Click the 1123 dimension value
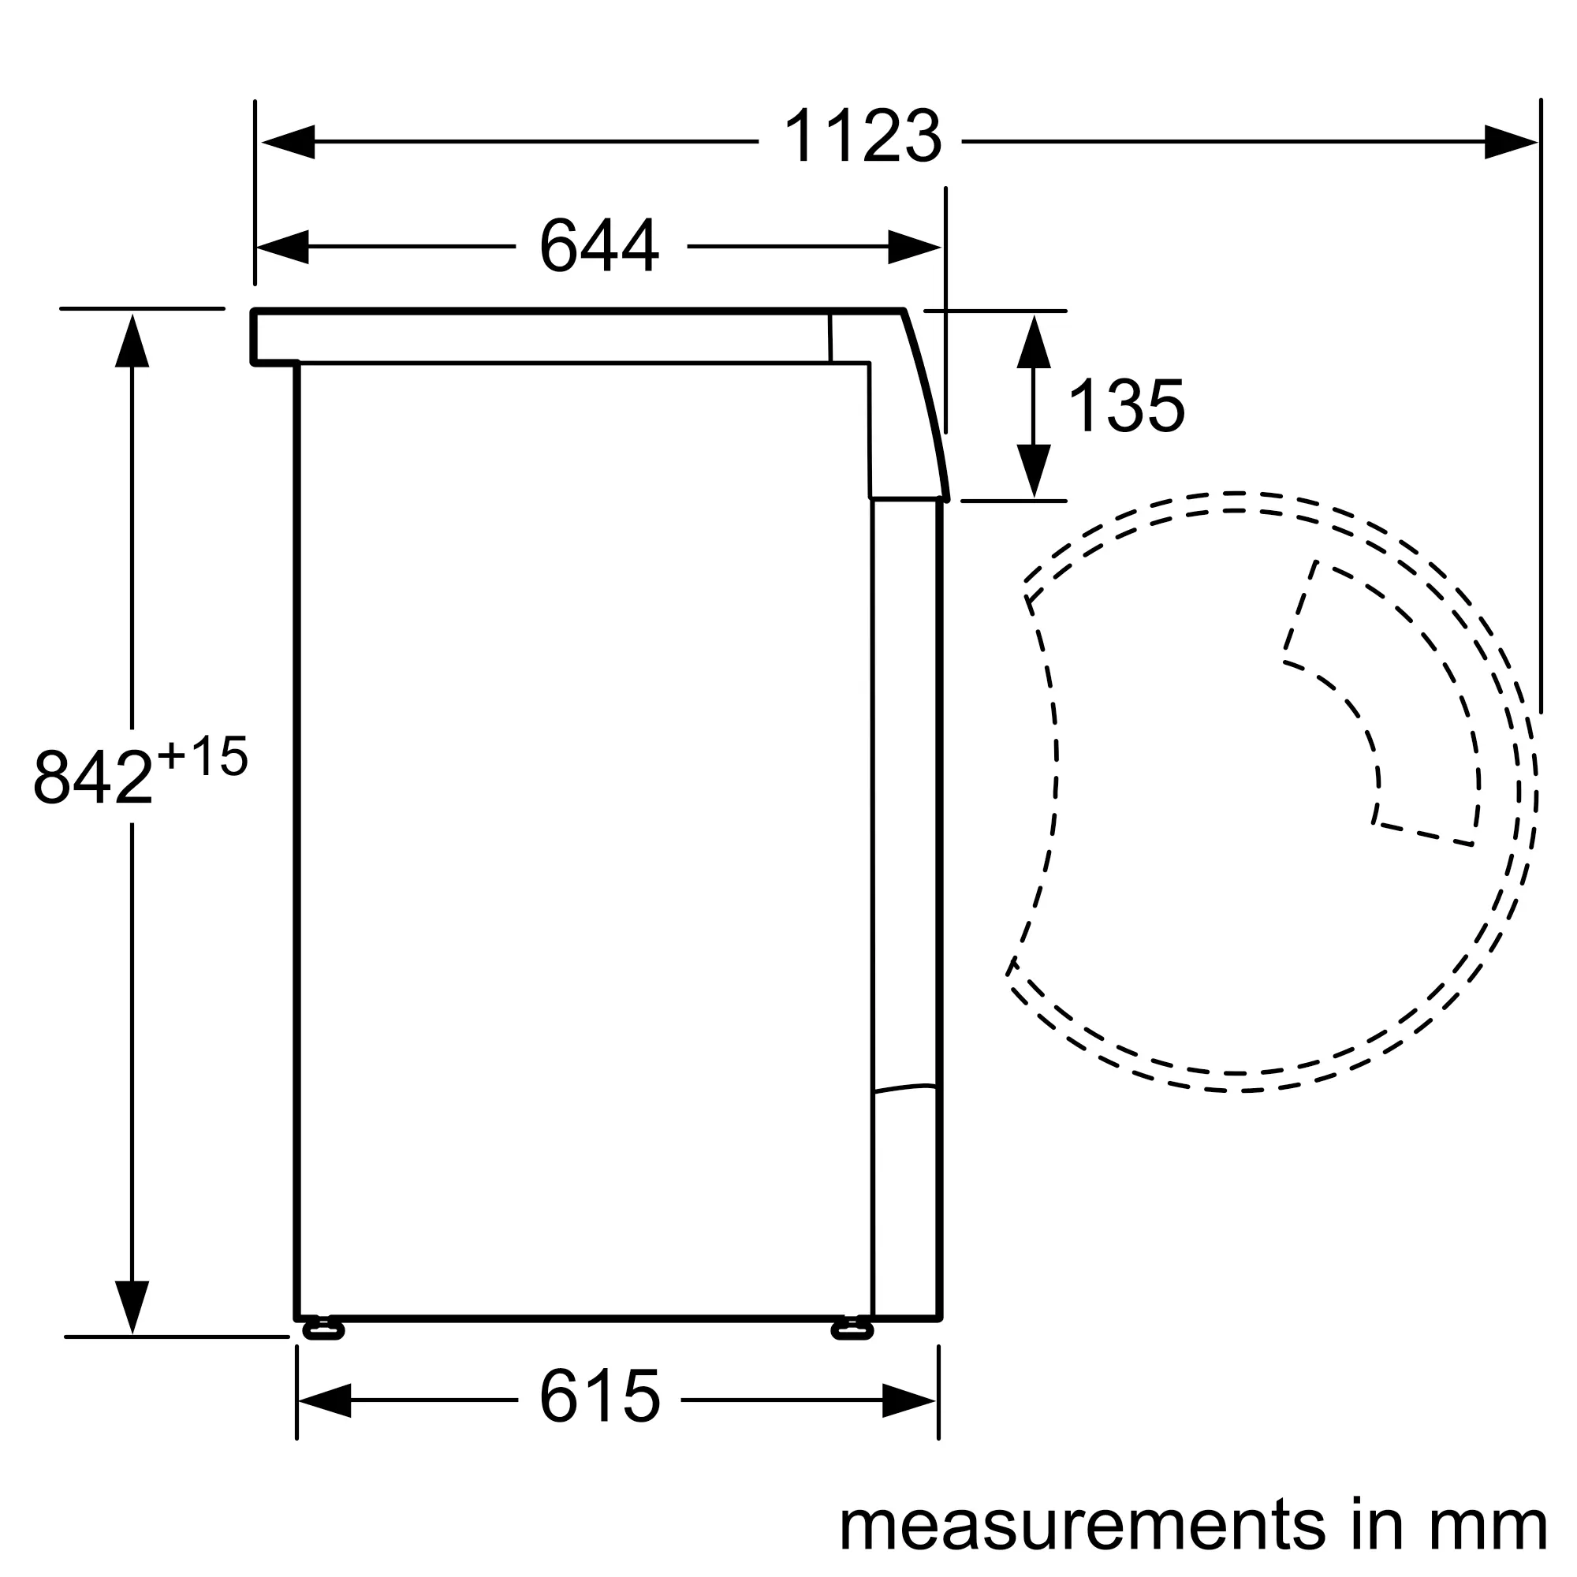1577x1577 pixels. click(x=862, y=136)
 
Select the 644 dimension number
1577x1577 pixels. click(x=599, y=245)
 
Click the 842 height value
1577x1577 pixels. click(x=93, y=776)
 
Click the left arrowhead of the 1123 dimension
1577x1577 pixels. click(x=288, y=142)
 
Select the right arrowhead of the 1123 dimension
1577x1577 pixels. click(x=1511, y=142)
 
